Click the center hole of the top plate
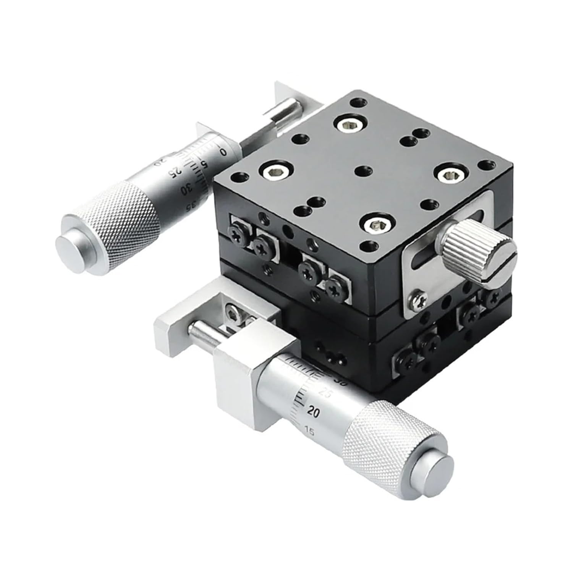361,170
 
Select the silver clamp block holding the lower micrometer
237,367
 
